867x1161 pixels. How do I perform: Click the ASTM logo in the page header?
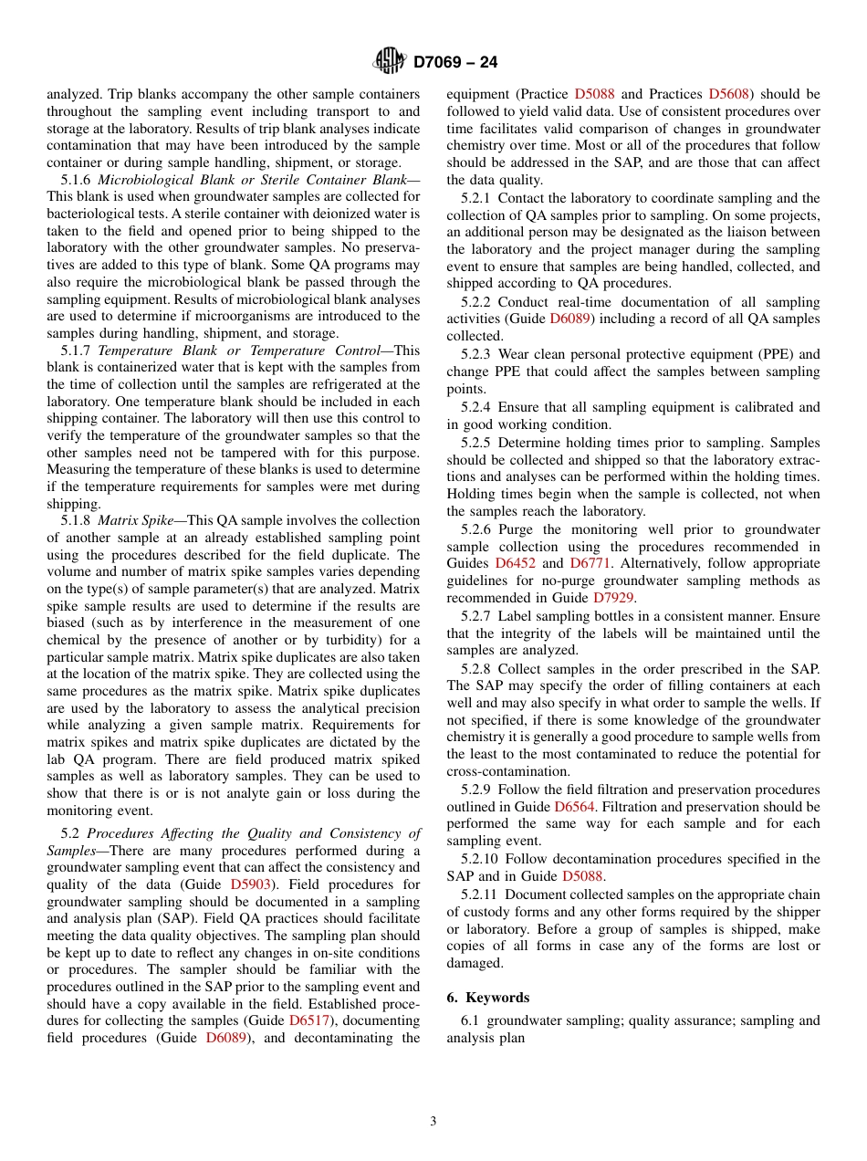[x=390, y=62]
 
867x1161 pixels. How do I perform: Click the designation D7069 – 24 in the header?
[x=455, y=63]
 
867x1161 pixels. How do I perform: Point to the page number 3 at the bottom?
[x=433, y=1121]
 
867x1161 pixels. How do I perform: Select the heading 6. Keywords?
[x=487, y=998]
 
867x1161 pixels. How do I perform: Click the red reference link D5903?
[x=250, y=884]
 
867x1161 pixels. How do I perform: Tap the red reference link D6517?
[x=309, y=1020]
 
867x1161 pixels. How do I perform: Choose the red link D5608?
[x=728, y=94]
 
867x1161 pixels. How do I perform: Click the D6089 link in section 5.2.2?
[x=570, y=319]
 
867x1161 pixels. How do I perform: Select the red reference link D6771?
[x=590, y=564]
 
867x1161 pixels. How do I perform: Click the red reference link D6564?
[x=576, y=807]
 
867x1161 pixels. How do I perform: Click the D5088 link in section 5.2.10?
[x=583, y=876]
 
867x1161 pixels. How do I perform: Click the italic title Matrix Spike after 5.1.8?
[x=136, y=520]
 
